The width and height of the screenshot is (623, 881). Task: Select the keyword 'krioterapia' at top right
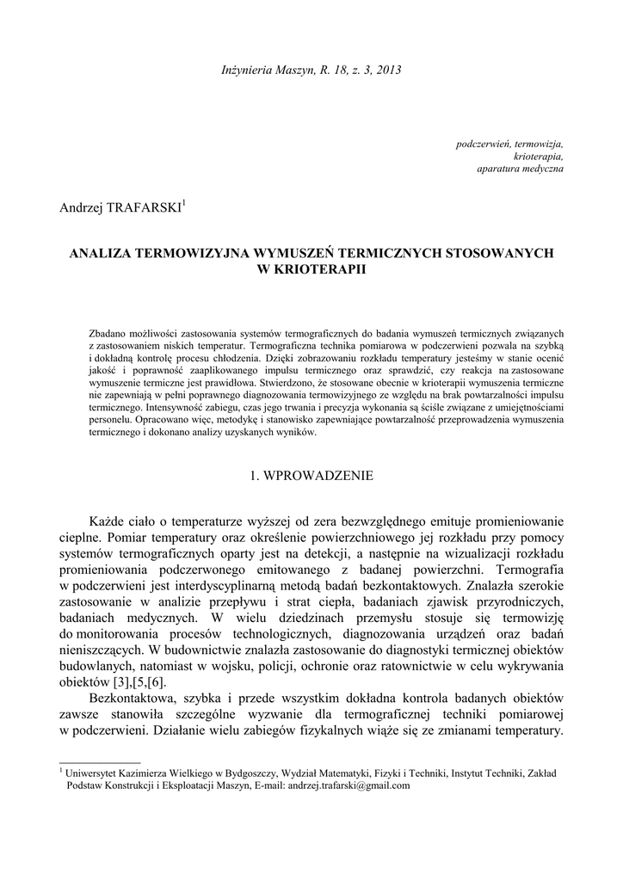[539, 157]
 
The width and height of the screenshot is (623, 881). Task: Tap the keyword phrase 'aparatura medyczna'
[521, 169]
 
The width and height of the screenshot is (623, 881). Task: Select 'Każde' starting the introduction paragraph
[108, 522]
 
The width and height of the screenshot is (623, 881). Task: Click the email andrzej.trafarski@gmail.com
[349, 786]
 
